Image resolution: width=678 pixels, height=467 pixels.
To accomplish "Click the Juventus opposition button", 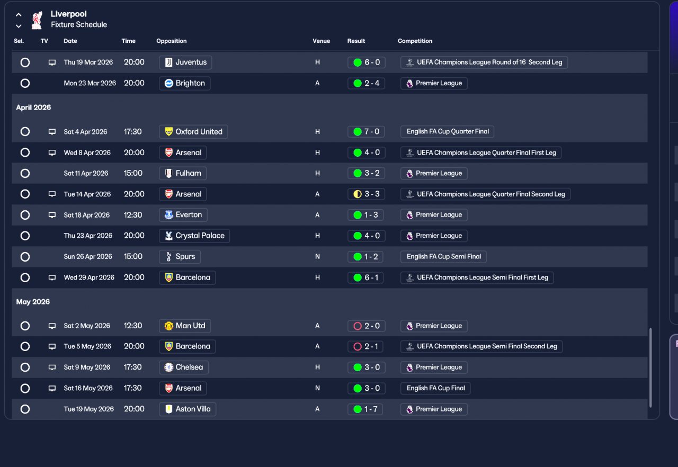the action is click(185, 62).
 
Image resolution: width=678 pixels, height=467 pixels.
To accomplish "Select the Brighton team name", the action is click(190, 83).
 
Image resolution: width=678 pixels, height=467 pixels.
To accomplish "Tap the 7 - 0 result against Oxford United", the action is click(366, 131).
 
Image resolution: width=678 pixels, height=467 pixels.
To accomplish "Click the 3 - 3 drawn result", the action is click(366, 194).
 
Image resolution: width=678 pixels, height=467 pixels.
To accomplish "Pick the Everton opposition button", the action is click(183, 215).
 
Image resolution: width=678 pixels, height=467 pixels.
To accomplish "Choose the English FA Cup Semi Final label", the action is click(443, 256).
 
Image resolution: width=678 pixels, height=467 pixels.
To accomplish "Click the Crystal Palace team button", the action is click(194, 236).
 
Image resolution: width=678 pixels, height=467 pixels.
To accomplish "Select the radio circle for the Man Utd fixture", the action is click(25, 326).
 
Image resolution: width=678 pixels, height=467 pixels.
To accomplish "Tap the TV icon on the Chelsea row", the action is click(52, 367).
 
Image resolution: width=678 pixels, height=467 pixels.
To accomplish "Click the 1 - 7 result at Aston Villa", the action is click(365, 409).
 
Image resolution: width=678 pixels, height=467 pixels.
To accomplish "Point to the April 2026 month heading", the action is click(33, 107).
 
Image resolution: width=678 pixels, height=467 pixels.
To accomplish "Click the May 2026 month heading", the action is click(33, 302).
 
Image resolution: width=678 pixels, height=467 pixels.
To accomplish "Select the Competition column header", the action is click(415, 41).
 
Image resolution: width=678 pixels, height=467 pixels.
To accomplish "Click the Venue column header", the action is click(321, 41).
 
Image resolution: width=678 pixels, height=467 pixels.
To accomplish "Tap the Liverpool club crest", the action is click(37, 20).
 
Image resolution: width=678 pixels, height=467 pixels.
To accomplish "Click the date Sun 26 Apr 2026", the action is click(88, 256).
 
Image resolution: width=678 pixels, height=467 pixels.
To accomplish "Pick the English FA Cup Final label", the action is click(435, 388).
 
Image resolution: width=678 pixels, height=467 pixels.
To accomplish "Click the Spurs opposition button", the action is click(180, 256).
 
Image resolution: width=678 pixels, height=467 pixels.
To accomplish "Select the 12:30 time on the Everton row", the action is click(133, 215).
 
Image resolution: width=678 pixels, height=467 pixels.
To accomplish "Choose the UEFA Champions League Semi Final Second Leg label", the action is click(481, 346).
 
